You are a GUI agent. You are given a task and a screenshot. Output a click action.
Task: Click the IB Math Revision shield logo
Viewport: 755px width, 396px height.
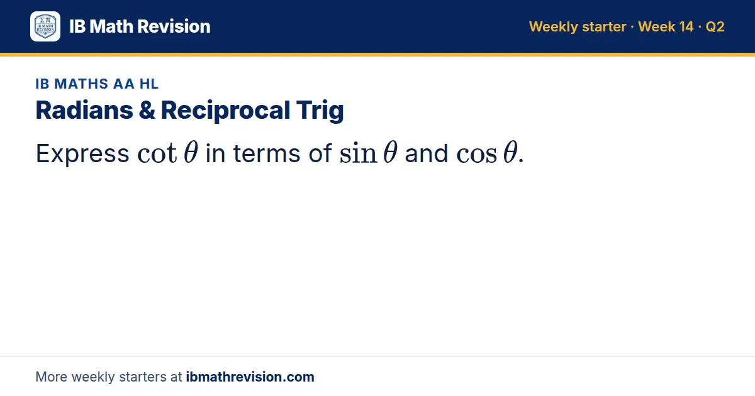(x=45, y=26)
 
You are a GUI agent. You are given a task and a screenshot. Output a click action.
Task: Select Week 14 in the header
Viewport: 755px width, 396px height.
(x=666, y=26)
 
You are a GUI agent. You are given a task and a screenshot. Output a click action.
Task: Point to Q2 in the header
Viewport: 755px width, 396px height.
(x=715, y=27)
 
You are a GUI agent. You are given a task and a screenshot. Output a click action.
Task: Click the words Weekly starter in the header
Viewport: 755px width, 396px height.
(x=578, y=26)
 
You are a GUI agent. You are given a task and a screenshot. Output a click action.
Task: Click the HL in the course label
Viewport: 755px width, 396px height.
(x=149, y=84)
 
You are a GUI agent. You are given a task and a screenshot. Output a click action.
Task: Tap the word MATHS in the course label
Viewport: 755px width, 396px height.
(x=81, y=84)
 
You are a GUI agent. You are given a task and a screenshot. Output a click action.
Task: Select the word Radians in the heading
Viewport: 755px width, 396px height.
(x=84, y=110)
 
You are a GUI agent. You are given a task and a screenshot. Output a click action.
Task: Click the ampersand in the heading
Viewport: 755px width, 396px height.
(x=147, y=111)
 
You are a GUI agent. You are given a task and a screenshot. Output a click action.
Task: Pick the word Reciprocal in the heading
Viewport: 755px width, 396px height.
(x=225, y=111)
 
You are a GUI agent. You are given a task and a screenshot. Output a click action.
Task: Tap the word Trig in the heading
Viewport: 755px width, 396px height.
(x=320, y=111)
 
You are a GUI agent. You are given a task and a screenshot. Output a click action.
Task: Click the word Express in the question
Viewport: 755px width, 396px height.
(x=82, y=154)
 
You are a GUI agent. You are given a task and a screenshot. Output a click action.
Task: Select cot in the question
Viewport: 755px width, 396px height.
(x=157, y=154)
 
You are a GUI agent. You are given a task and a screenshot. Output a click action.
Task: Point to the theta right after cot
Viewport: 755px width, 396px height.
(x=191, y=152)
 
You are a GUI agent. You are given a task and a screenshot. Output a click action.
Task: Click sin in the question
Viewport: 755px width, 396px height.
(x=358, y=153)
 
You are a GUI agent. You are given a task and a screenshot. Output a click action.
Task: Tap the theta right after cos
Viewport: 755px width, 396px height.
(x=510, y=152)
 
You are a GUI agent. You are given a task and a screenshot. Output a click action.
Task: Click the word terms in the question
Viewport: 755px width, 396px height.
(x=266, y=154)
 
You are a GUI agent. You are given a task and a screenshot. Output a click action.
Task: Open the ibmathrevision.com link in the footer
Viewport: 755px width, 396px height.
(x=250, y=377)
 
